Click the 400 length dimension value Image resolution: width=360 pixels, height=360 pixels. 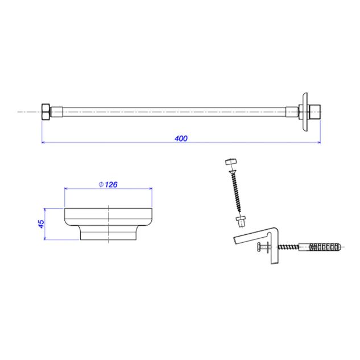click(181, 138)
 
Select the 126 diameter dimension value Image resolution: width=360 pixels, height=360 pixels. click(111, 185)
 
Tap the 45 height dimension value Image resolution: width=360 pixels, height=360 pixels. click(41, 224)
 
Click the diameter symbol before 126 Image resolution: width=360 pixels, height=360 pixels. click(101, 184)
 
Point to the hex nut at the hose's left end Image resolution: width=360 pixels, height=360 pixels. click(45, 112)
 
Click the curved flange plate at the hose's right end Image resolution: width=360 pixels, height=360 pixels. click(305, 112)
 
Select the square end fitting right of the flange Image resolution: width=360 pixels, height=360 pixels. click(315, 112)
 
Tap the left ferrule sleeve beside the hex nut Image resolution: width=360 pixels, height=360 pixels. click(57, 112)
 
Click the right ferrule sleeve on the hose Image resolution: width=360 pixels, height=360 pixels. click(292, 112)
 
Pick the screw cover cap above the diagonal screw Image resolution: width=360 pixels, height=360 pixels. click(231, 162)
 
